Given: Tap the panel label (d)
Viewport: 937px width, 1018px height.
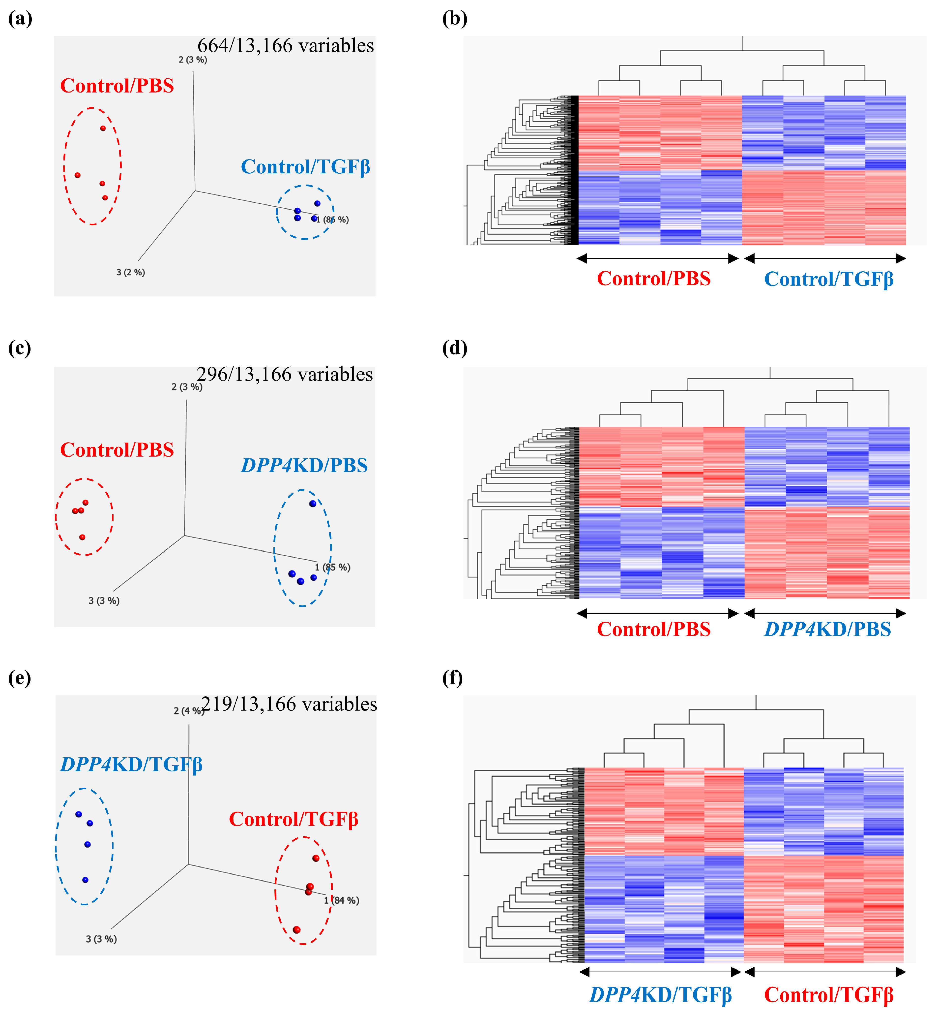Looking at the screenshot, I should pos(454,348).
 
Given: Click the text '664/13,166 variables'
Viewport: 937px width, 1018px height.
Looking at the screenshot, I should pos(286,46).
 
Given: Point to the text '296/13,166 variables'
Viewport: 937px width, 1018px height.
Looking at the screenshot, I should pos(285,375).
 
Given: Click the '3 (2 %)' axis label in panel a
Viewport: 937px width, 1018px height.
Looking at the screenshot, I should pos(130,273).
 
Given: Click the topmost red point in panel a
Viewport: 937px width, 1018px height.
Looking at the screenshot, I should pos(103,128).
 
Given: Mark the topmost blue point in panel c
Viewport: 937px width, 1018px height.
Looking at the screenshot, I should pos(313,503).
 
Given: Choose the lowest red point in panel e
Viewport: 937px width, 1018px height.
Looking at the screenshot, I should pos(297,930).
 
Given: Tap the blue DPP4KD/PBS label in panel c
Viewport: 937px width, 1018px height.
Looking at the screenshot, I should pos(304,465).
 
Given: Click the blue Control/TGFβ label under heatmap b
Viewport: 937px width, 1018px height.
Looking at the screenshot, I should pos(828,279).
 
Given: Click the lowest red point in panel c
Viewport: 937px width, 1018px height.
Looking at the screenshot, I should pos(82,537).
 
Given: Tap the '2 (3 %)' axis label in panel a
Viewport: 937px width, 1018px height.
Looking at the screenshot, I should pos(193,60).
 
